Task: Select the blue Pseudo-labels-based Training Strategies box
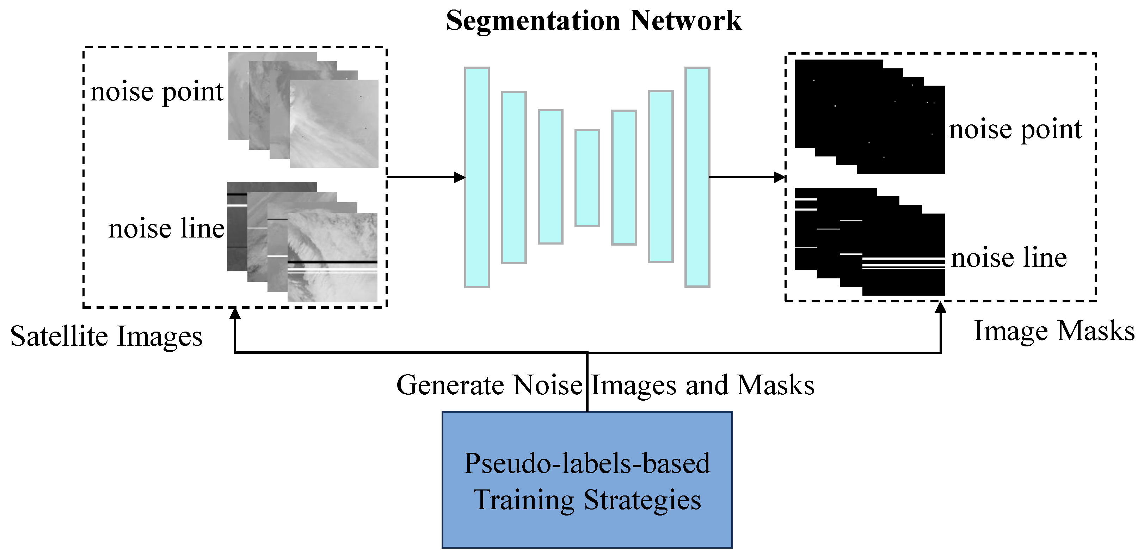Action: [x=587, y=480]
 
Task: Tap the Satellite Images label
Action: [x=106, y=336]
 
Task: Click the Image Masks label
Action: [x=1054, y=331]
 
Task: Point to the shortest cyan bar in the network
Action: [x=587, y=178]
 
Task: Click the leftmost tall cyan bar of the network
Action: [x=476, y=178]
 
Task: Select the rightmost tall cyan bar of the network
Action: [x=697, y=178]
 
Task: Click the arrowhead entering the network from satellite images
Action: [x=460, y=178]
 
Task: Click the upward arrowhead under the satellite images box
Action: [x=235, y=314]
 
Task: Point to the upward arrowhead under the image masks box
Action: [x=940, y=308]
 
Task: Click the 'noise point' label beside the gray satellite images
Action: [x=157, y=92]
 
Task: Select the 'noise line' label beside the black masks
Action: [x=1009, y=258]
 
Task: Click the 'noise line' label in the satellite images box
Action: [x=167, y=229]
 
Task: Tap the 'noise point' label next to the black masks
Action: [x=1015, y=130]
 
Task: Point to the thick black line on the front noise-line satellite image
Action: [x=332, y=262]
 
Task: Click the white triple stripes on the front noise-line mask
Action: [x=903, y=263]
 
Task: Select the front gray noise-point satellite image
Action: [x=334, y=123]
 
